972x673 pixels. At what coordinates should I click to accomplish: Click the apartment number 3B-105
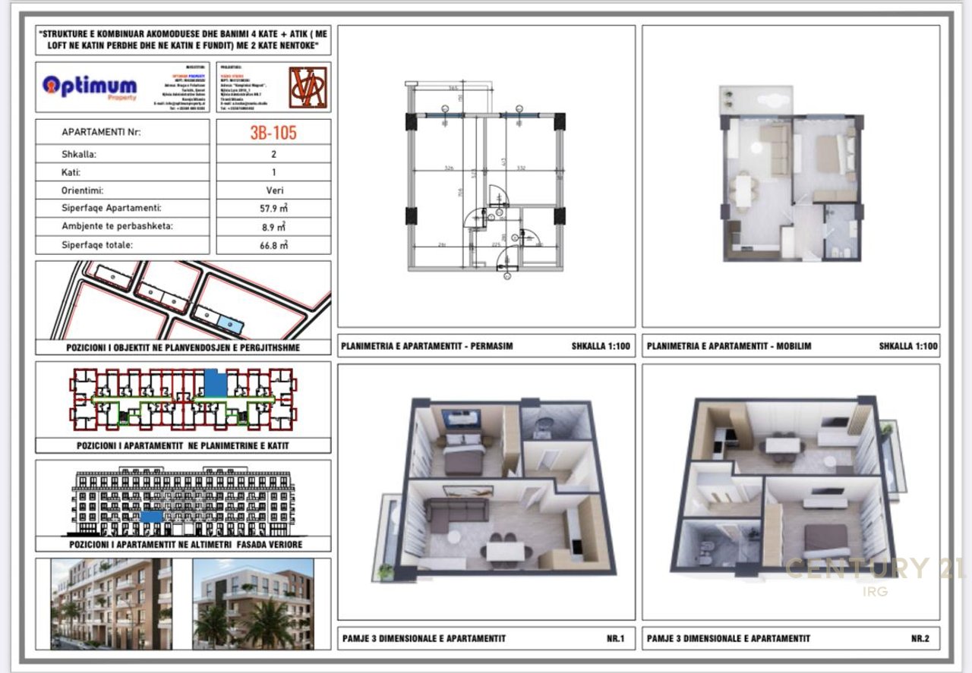(x=273, y=133)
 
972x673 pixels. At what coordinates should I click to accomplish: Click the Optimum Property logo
(x=90, y=86)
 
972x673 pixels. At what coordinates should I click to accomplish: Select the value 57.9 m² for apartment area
(x=273, y=208)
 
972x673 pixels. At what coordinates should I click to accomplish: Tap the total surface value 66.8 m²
(x=273, y=245)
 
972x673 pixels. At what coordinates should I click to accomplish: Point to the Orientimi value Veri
(x=273, y=190)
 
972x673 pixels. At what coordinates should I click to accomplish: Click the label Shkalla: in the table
(x=79, y=153)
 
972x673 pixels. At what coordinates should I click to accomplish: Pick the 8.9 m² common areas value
(x=273, y=227)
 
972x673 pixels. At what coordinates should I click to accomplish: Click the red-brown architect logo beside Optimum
(x=308, y=86)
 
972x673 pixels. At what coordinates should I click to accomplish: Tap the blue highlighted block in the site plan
(x=228, y=325)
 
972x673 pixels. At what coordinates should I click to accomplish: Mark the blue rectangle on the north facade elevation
(x=152, y=516)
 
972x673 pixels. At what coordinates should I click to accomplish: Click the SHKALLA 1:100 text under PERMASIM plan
(x=601, y=346)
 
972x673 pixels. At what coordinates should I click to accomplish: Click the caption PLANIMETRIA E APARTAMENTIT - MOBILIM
(x=729, y=346)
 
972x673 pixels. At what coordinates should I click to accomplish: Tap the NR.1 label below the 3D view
(x=615, y=639)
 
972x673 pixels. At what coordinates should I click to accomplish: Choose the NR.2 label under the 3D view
(x=920, y=639)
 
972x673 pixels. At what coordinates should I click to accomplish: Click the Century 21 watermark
(x=873, y=569)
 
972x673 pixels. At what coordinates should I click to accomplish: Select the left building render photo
(x=111, y=604)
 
